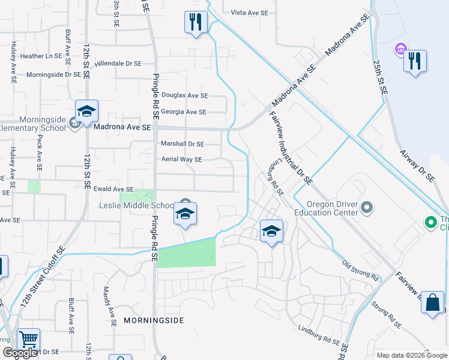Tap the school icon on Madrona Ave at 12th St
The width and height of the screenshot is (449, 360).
tap(86, 112)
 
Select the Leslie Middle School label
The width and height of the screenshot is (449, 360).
tap(137, 205)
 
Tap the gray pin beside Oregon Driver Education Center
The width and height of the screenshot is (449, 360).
tap(368, 209)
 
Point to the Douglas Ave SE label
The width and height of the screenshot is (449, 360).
tap(185, 95)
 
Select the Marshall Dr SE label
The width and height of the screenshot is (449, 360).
tap(182, 144)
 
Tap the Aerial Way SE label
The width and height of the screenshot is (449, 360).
tap(181, 160)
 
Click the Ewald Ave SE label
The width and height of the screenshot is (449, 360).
tap(113, 189)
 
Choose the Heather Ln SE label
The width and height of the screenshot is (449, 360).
tap(41, 56)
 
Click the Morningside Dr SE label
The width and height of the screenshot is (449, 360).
tap(53, 74)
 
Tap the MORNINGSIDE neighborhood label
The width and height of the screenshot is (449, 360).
tap(153, 320)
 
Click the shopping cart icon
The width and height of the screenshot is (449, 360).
tap(28, 340)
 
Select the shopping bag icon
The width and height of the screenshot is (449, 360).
tap(432, 303)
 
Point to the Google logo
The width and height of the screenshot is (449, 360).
tap(20, 353)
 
